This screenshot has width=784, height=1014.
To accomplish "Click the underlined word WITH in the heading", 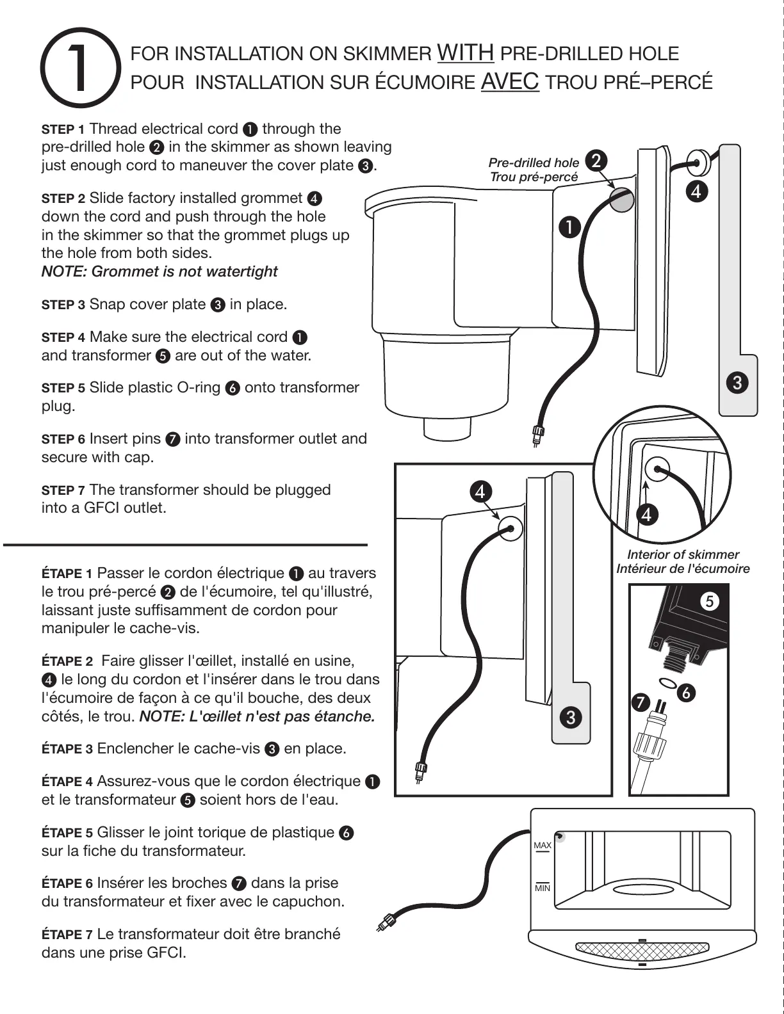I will [465, 52].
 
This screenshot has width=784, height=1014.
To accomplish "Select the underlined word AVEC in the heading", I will [509, 81].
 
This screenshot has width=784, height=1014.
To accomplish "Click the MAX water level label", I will [543, 846].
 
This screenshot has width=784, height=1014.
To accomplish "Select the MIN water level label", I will [543, 888].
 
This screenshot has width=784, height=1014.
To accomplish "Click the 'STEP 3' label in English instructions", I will [63, 305].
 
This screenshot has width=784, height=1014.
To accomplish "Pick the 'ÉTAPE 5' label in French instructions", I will [67, 833].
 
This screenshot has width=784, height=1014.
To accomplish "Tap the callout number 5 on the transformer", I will [708, 601].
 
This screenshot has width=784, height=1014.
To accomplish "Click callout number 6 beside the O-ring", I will [686, 693].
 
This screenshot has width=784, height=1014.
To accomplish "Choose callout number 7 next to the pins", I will [639, 702].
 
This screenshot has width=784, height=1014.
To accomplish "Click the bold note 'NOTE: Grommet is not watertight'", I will [159, 271].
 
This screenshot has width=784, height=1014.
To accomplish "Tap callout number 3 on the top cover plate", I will [737, 383].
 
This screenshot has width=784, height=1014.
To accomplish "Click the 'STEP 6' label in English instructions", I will [63, 440].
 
